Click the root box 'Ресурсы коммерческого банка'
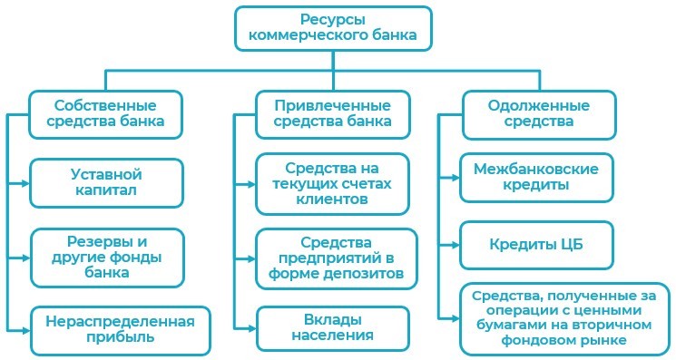[333, 29]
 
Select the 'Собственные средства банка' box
[104, 114]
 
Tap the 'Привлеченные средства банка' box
[332, 114]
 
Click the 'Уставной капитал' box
[106, 182]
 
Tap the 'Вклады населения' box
[332, 328]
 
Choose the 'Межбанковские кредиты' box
[535, 176]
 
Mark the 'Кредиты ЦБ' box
[535, 245]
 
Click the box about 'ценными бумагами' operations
[564, 319]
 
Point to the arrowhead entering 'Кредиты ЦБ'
[456, 245]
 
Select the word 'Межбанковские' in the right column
[535, 168]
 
